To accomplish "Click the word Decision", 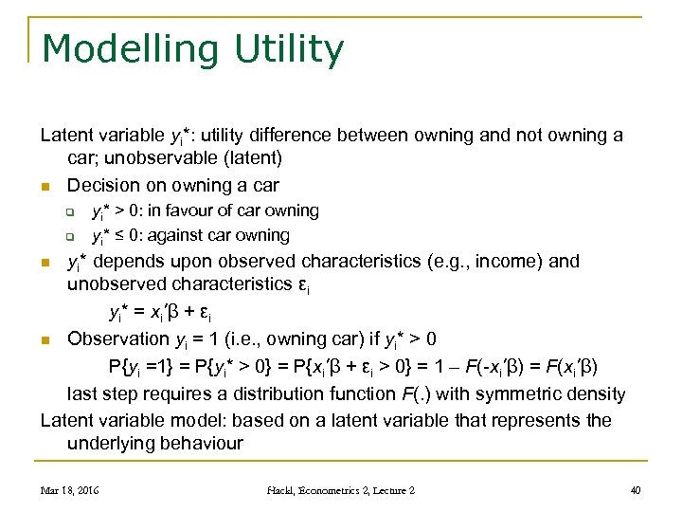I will (104, 185).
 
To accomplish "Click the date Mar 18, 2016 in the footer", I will (69, 490).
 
